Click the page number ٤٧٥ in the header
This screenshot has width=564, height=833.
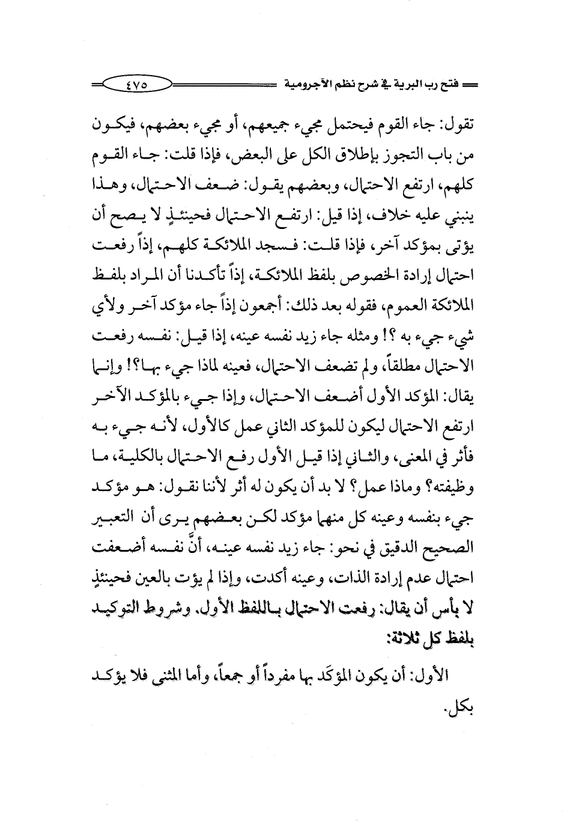point(139,86)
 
